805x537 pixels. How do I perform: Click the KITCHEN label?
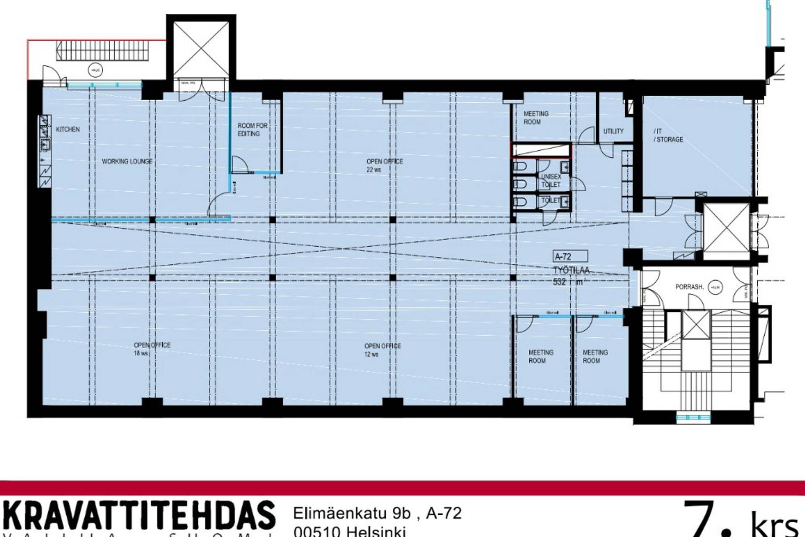pyautogui.click(x=68, y=129)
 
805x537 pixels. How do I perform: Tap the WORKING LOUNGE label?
pyautogui.click(x=127, y=161)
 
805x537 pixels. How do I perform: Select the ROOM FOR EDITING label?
pyautogui.click(x=252, y=130)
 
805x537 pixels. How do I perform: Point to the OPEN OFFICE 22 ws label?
pyautogui.click(x=384, y=165)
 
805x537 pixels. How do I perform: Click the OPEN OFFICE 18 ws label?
pyautogui.click(x=152, y=349)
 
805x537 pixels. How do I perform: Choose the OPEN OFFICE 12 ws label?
pyautogui.click(x=382, y=350)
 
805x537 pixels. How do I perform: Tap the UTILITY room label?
pyautogui.click(x=613, y=131)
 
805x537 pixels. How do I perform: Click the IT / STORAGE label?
pyautogui.click(x=668, y=136)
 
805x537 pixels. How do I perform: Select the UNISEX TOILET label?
pyautogui.click(x=551, y=181)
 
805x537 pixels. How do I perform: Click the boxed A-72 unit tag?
pyautogui.click(x=570, y=256)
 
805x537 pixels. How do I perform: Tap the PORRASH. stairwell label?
pyautogui.click(x=689, y=287)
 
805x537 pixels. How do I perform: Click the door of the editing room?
pyautogui.click(x=239, y=164)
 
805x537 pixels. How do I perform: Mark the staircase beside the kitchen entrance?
pyautogui.click(x=102, y=50)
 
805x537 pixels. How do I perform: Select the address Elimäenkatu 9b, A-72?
pyautogui.click(x=377, y=513)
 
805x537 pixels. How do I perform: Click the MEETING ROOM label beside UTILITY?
pyautogui.click(x=535, y=118)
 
